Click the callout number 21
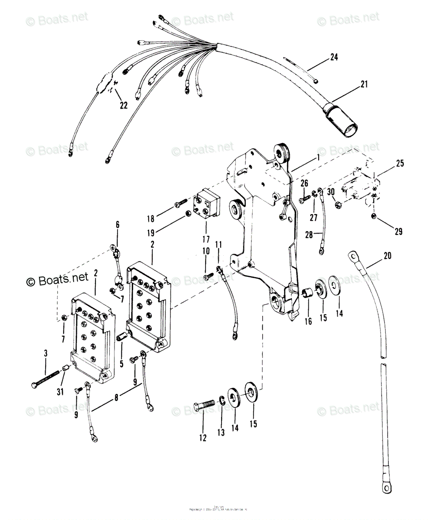pos(364,84)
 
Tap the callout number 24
pos(334,57)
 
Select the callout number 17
pos(205,239)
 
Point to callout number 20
pos(387,256)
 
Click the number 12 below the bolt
pos(203,438)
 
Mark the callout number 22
pos(124,105)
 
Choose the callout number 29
pos(398,231)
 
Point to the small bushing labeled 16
pos(307,292)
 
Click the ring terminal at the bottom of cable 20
pos(386,487)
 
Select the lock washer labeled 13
pos(222,403)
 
